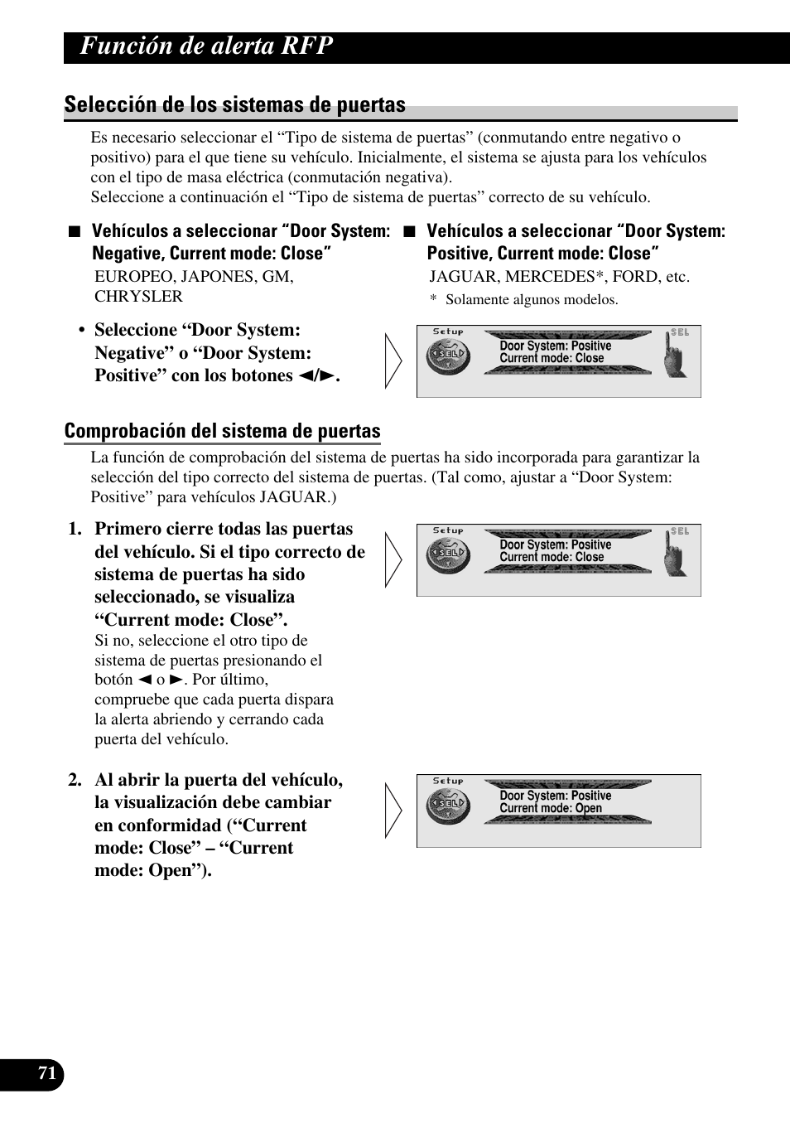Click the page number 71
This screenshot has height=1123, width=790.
(47, 1074)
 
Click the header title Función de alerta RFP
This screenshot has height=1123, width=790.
(207, 46)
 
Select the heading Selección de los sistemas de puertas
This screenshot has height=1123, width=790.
(235, 104)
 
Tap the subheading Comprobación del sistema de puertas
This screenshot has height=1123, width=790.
(222, 431)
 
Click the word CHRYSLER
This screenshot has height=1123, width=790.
(138, 297)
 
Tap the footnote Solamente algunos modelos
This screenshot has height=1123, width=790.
(532, 300)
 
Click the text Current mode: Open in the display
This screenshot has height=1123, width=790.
(551, 808)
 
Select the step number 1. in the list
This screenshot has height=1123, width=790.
(75, 530)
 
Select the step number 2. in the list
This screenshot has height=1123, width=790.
(75, 781)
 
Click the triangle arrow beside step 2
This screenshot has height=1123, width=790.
(394, 811)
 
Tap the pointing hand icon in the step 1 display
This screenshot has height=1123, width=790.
(676, 554)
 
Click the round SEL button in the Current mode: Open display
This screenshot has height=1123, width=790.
(448, 805)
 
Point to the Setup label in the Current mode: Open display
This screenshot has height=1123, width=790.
(448, 781)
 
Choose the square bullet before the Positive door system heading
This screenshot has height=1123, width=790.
(407, 232)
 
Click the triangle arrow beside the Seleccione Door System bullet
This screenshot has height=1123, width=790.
(394, 361)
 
